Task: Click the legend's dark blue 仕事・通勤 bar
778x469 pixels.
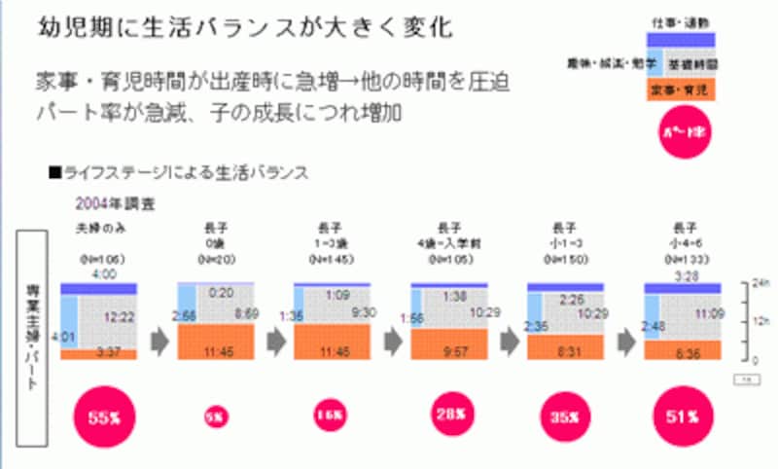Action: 680,37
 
